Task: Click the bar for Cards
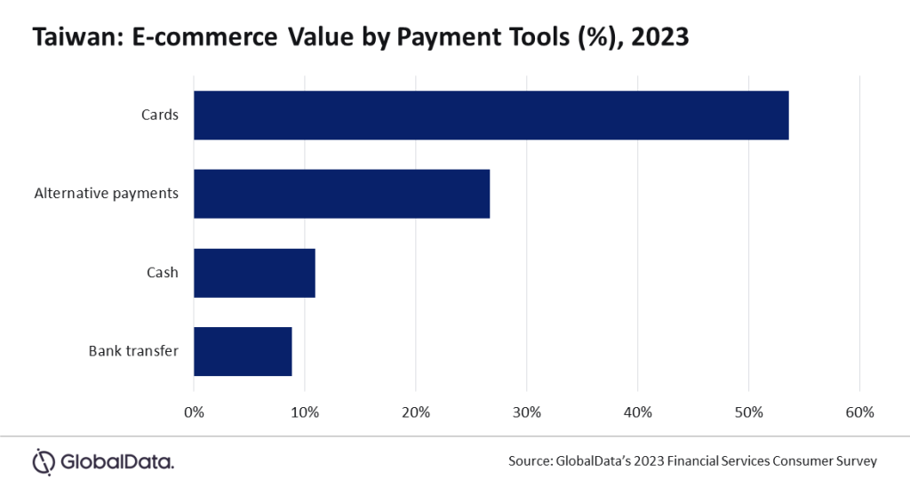tap(491, 115)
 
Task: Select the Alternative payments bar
tap(341, 193)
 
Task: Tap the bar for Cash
tap(254, 272)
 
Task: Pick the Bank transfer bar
tap(243, 350)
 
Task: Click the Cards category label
tap(159, 115)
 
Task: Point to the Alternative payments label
tap(106, 193)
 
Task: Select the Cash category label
tap(163, 272)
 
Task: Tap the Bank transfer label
tap(133, 350)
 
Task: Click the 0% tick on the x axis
tap(194, 412)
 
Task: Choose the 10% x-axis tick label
tap(305, 412)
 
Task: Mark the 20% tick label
tap(416, 412)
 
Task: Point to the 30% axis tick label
tap(527, 412)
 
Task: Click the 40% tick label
tap(638, 412)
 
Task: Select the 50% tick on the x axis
tap(749, 412)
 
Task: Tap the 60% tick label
tap(860, 412)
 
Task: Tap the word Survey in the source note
tap(855, 460)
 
